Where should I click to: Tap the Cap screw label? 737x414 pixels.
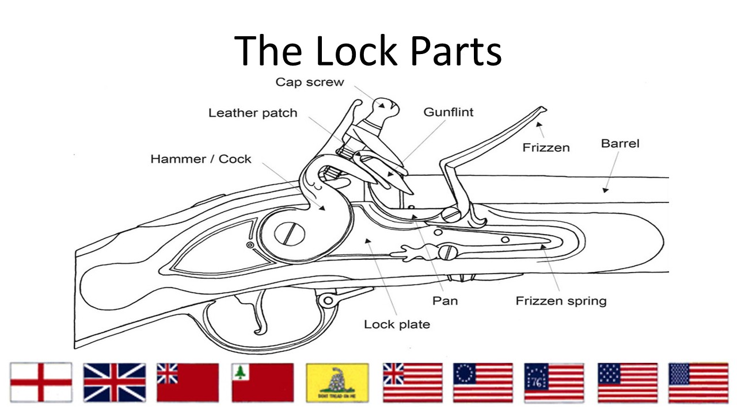tap(309, 82)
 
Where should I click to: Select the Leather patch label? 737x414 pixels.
tap(253, 113)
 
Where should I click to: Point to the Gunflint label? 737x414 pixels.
tap(449, 112)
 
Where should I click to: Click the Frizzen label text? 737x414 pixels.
tap(546, 148)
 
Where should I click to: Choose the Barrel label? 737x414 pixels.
tap(620, 143)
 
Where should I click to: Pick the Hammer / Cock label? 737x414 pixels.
tap(201, 159)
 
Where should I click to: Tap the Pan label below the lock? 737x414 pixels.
tap(445, 300)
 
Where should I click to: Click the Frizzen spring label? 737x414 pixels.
tap(561, 301)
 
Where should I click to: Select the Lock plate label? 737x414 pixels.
tap(397, 324)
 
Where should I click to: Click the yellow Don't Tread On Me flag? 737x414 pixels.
tap(337, 382)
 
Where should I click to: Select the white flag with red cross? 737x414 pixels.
tap(41, 382)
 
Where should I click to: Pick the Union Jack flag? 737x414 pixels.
tap(115, 382)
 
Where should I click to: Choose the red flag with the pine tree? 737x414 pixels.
tap(263, 382)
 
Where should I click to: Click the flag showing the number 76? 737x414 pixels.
tap(554, 382)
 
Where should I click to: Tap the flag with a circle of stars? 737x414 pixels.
tap(483, 382)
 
